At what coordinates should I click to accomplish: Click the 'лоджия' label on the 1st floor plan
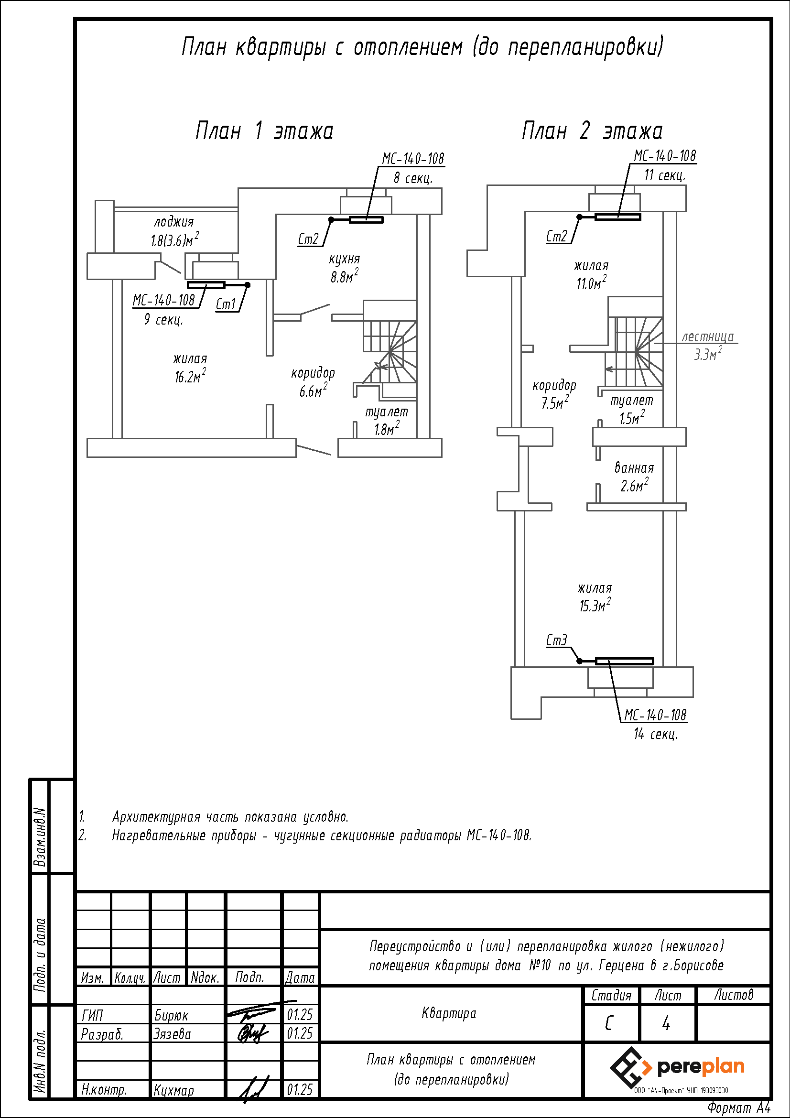click(x=174, y=223)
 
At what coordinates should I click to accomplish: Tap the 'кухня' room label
click(x=345, y=259)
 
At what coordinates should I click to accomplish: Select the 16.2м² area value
click(x=190, y=376)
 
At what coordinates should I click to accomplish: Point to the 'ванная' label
click(x=634, y=468)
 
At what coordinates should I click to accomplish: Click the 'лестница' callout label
click(x=708, y=336)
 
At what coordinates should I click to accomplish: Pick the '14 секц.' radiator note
click(x=656, y=734)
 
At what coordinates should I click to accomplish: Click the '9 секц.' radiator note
click(x=163, y=319)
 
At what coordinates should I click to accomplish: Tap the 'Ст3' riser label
click(x=557, y=640)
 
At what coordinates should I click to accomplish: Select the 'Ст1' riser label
click(x=226, y=304)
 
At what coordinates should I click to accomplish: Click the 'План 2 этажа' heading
click(x=592, y=131)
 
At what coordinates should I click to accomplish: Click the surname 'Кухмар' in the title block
click(x=174, y=1090)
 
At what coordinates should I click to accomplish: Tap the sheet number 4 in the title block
click(x=666, y=1023)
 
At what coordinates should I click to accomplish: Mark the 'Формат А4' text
click(x=739, y=1107)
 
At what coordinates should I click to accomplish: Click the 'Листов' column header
click(x=734, y=995)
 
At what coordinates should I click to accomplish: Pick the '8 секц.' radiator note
click(x=413, y=178)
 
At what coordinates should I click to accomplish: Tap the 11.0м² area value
click(x=591, y=283)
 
